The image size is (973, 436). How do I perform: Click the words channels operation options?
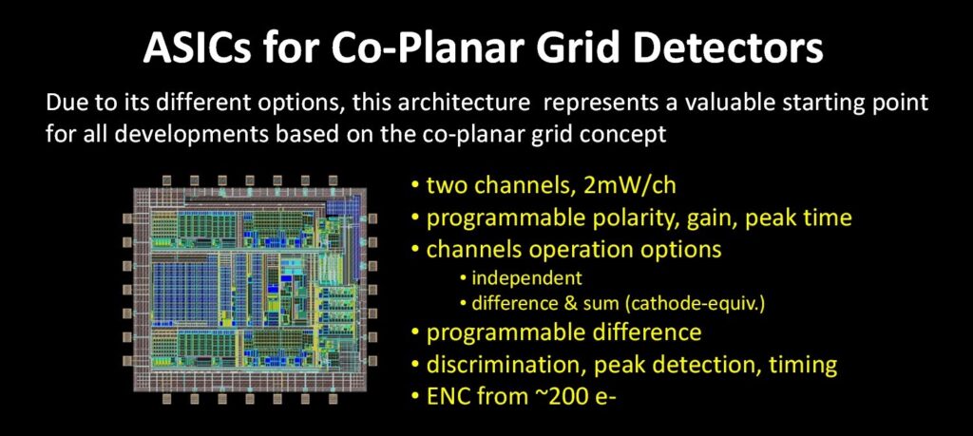(573, 249)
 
